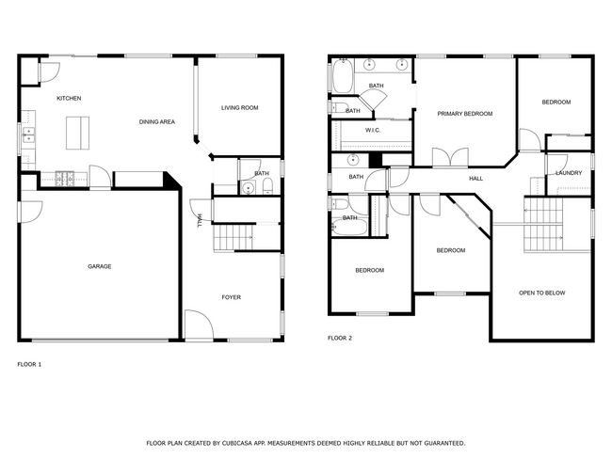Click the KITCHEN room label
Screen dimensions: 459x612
69,99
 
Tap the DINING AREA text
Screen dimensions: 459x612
157,121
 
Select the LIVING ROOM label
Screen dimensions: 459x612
239,108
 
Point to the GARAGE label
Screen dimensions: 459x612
100,267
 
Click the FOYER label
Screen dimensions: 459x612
231,297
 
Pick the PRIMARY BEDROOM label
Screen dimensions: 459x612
465,114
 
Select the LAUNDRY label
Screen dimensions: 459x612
569,173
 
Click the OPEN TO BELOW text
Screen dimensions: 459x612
542,293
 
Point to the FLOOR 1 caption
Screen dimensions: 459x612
29,364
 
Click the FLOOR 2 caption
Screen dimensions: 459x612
340,338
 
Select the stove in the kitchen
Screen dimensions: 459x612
66,176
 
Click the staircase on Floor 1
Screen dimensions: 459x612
232,239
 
